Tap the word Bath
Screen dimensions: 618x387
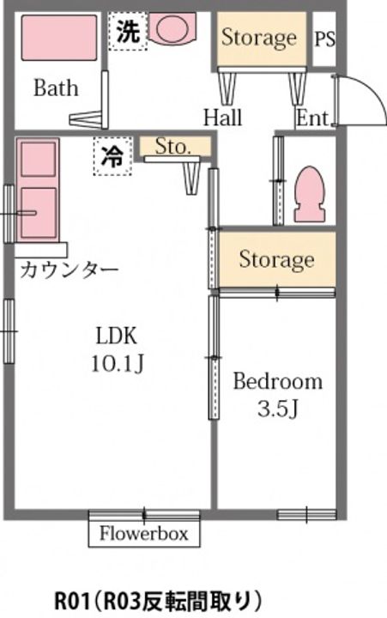56,88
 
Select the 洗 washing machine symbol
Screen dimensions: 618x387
127,32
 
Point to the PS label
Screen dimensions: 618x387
324,39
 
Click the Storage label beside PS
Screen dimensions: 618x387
259,38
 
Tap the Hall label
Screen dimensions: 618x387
222,118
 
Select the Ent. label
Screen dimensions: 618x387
314,118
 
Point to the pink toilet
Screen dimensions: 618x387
307,193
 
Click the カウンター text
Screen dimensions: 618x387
69,270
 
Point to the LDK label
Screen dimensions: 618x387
116,336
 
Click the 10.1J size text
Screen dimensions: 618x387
117,364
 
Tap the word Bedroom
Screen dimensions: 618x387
278,381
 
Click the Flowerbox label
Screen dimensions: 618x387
143,533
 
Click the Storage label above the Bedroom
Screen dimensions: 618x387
276,259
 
